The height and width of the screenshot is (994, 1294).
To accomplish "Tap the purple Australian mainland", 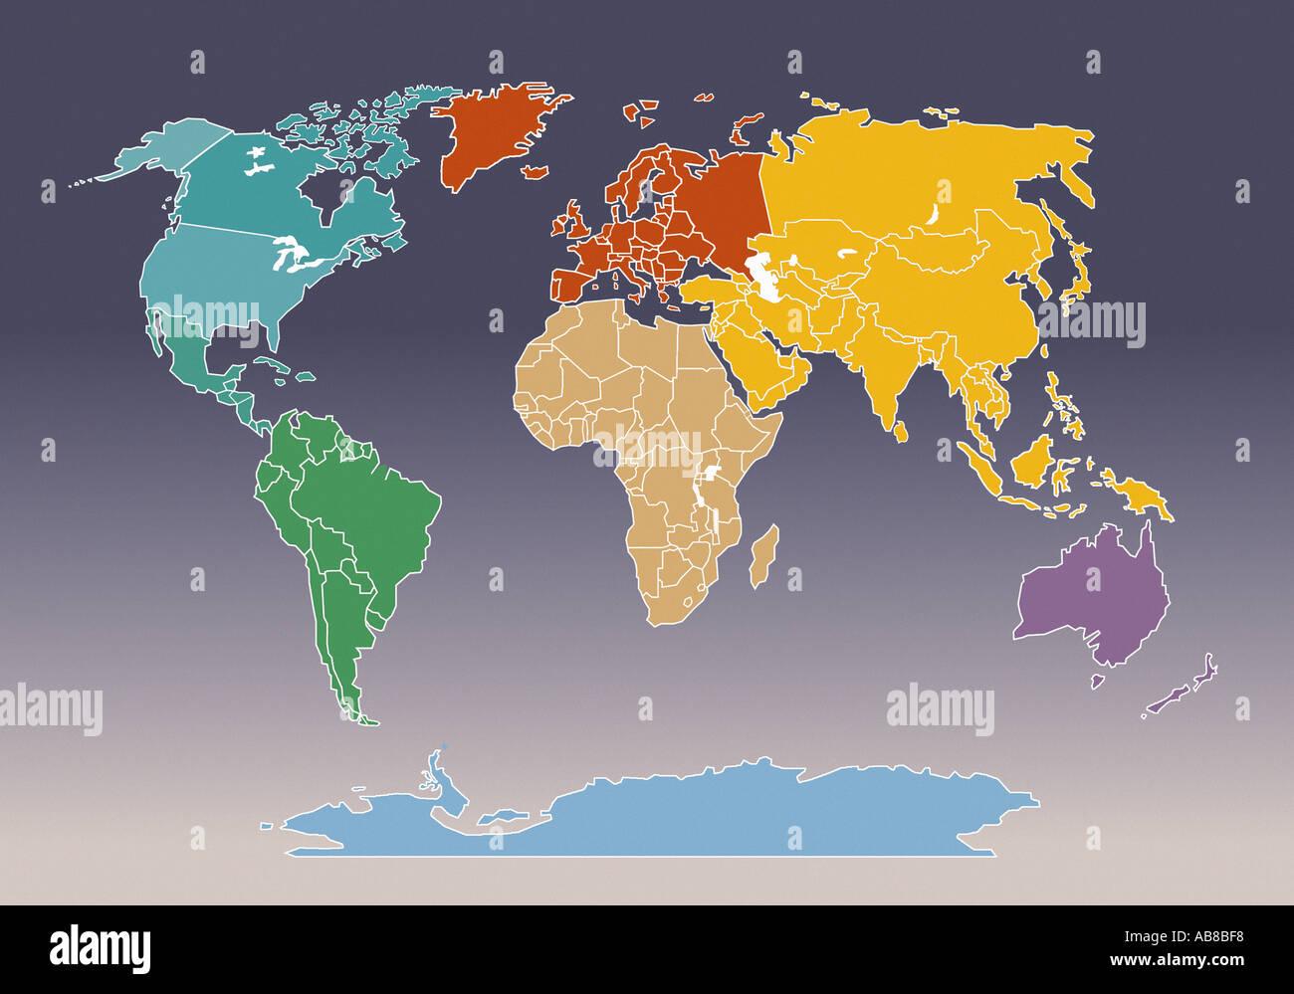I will tap(1095, 597).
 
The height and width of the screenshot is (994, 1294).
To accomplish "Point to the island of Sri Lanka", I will tap(902, 431).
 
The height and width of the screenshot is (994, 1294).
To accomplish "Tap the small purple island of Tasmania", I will tap(1097, 682).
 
